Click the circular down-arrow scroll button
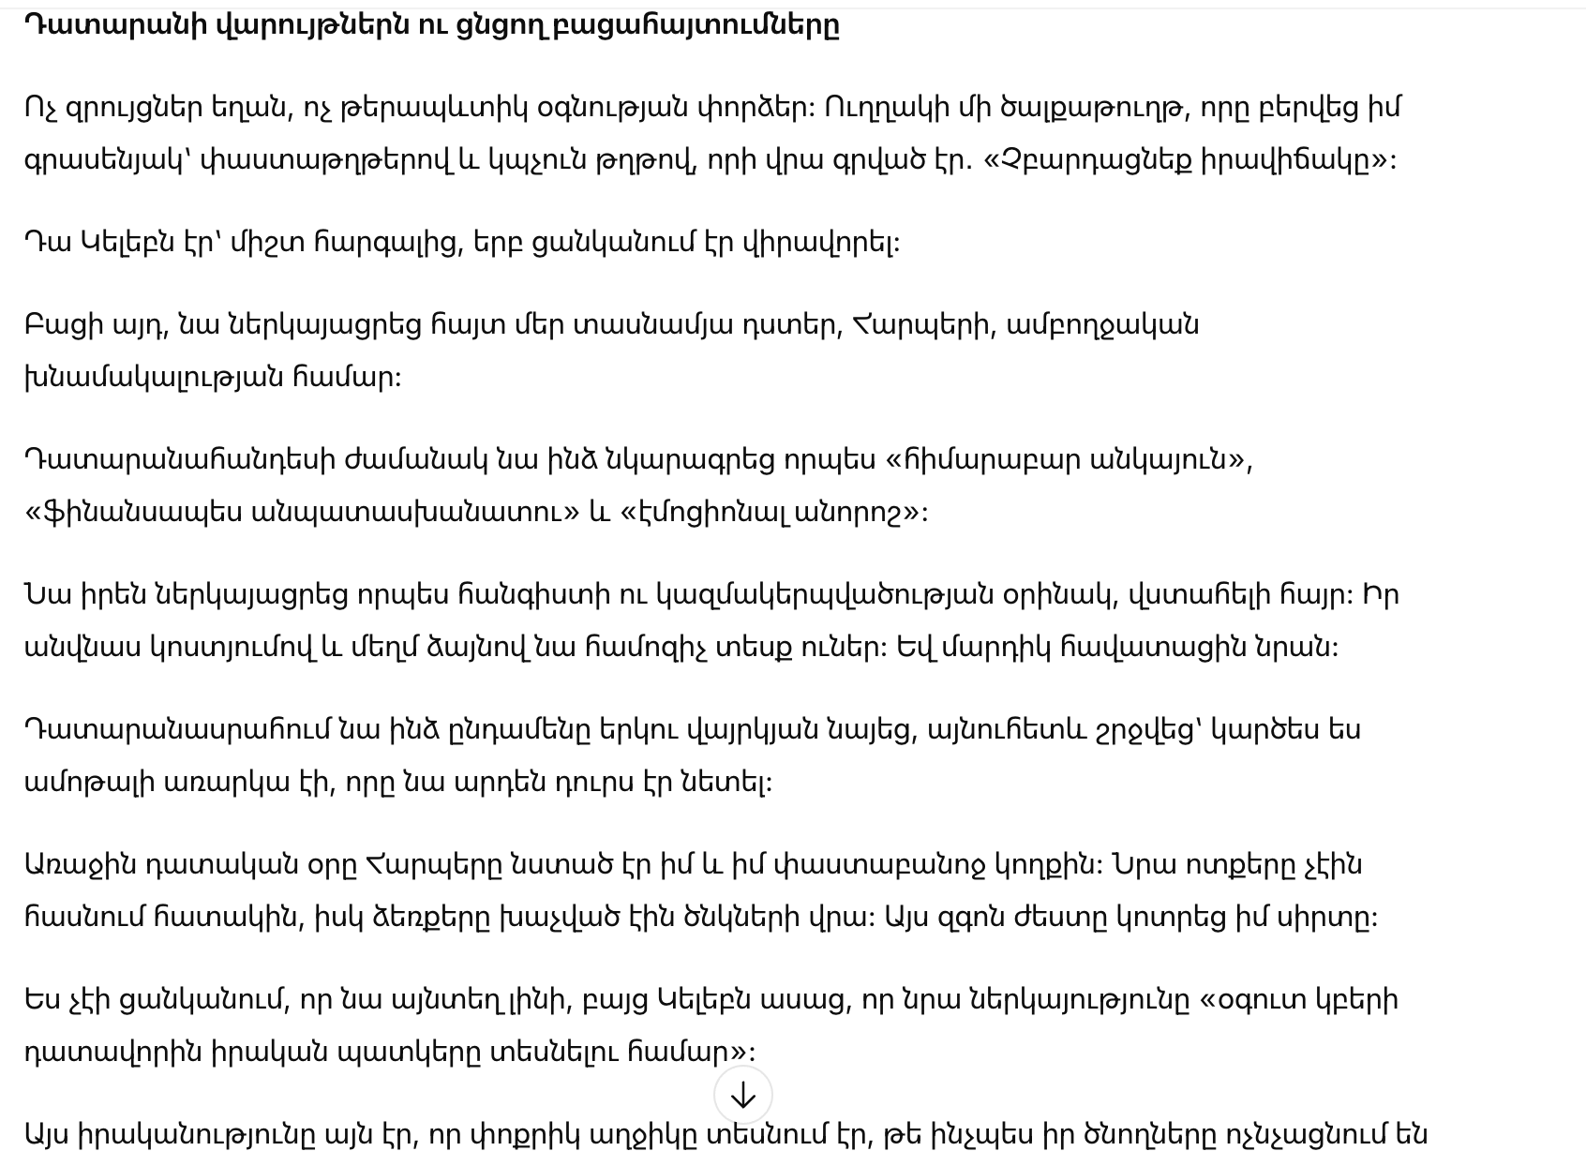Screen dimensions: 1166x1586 (x=742, y=1095)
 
